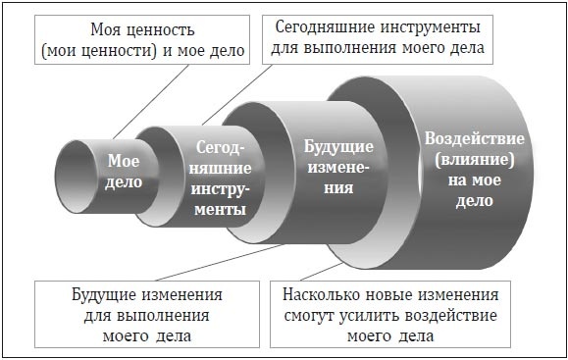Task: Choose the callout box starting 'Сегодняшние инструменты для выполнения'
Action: coord(384,35)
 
